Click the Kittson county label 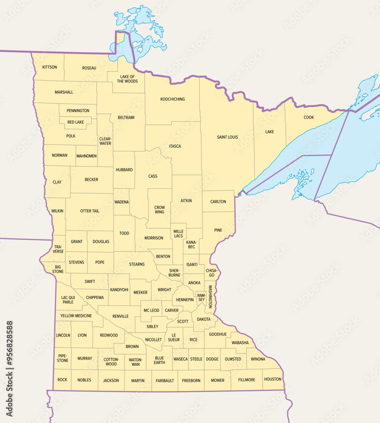(x=49, y=67)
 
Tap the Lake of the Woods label (x=127, y=79)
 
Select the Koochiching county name (x=172, y=99)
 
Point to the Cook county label (x=309, y=118)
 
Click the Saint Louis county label (x=227, y=137)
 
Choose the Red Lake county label (x=76, y=122)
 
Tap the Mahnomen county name (x=87, y=156)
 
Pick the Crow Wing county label (x=159, y=210)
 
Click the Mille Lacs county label (x=179, y=233)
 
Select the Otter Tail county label (x=90, y=211)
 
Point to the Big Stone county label (x=58, y=269)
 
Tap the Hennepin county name (x=185, y=300)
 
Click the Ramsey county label (x=201, y=297)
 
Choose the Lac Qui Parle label (x=68, y=299)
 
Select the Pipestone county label (x=62, y=358)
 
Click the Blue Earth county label (x=159, y=360)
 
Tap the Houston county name (x=272, y=379)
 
